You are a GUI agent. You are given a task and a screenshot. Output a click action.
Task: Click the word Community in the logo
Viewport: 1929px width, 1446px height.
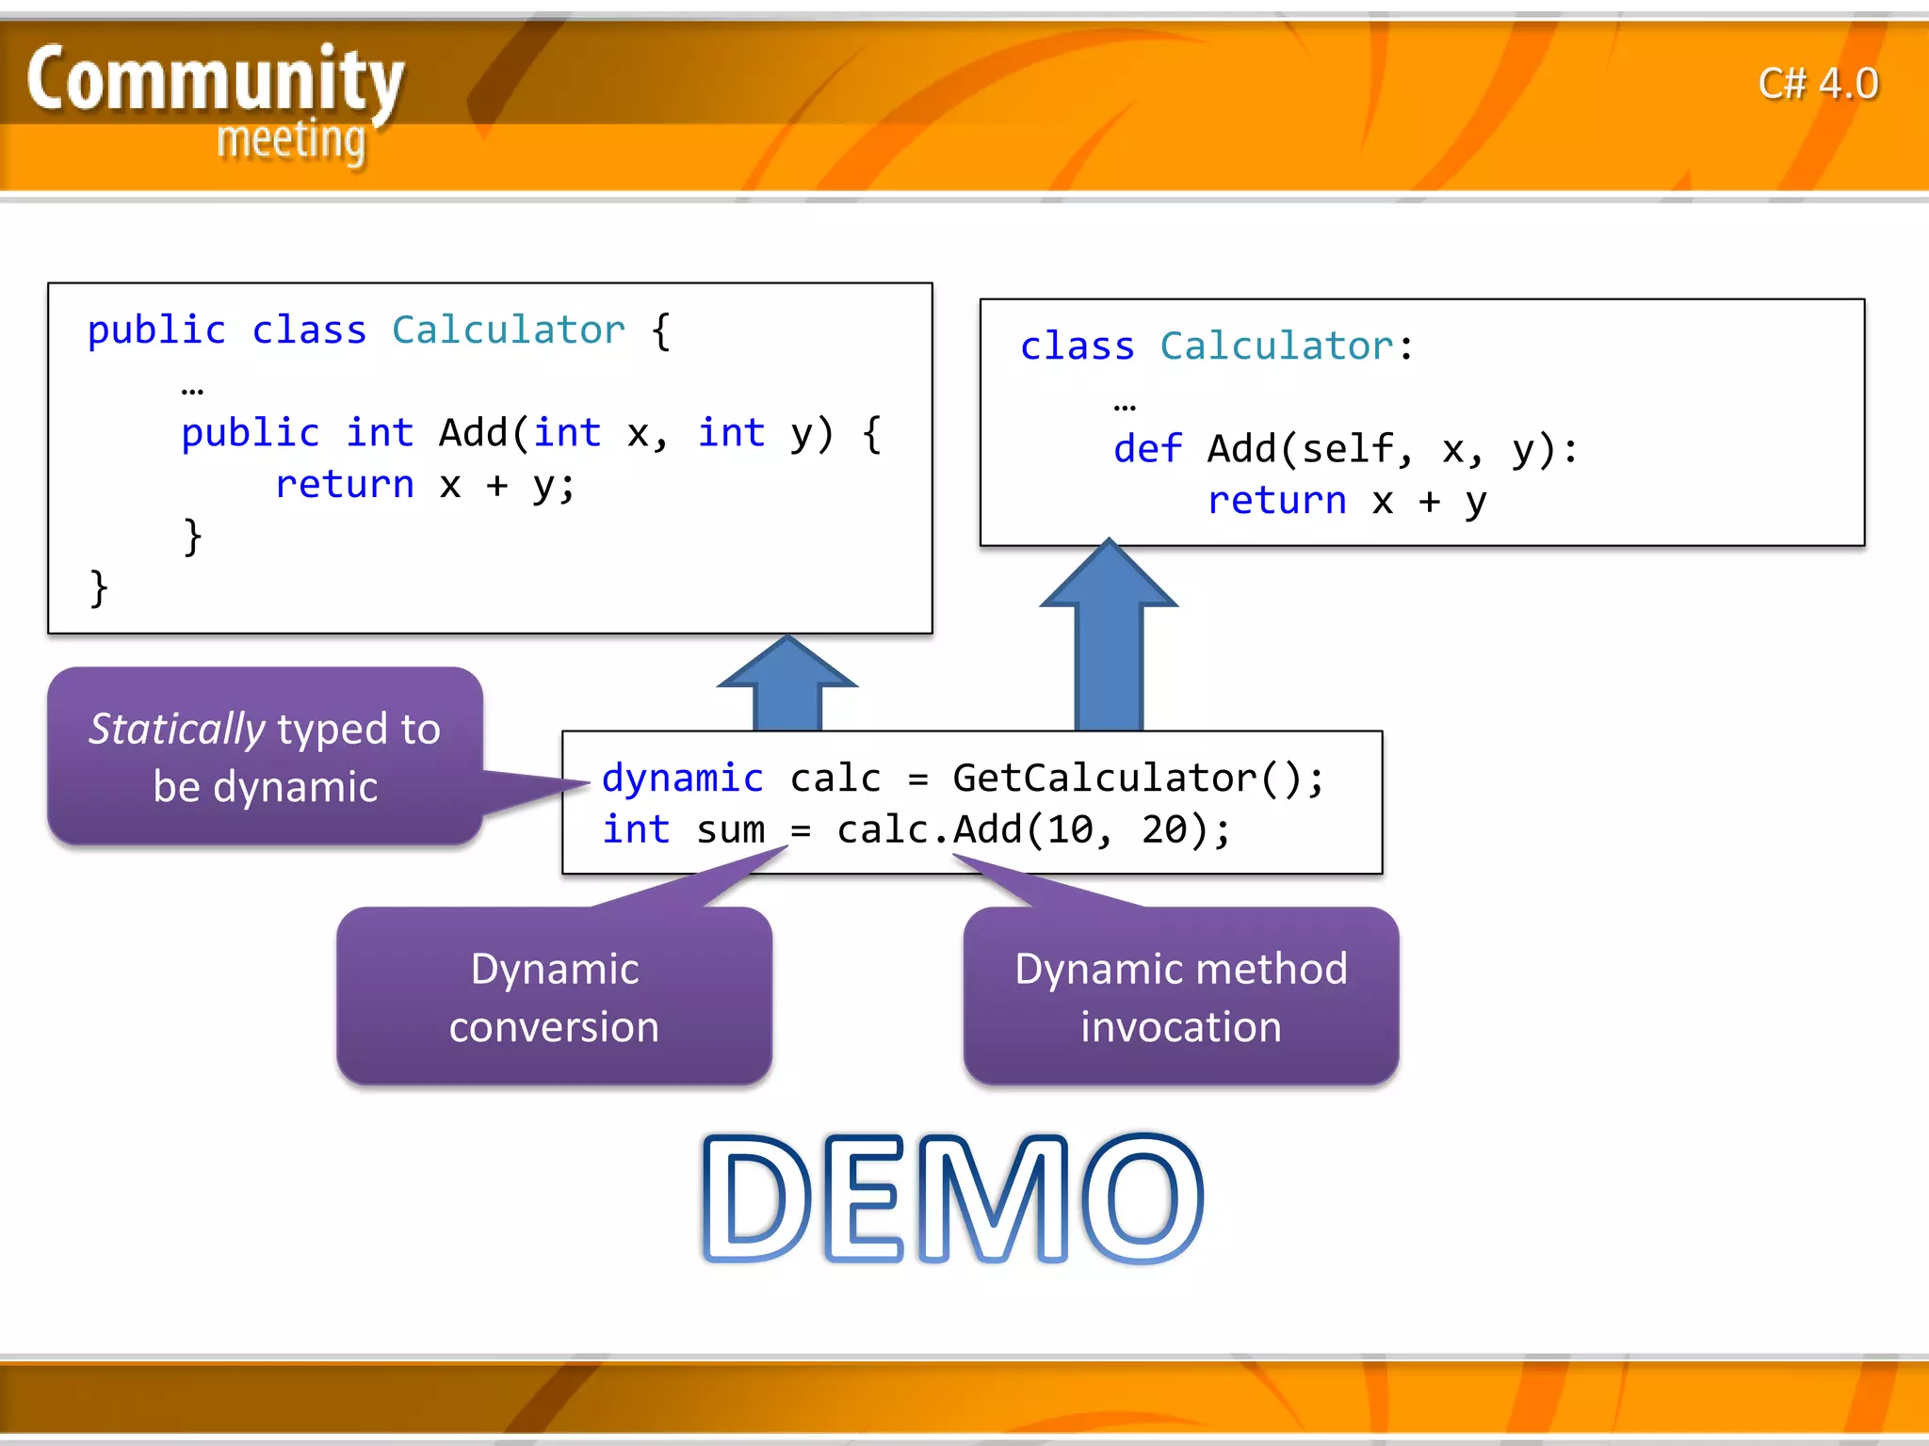tap(215, 80)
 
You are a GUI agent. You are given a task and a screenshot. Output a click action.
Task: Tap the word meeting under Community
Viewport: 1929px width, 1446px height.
tap(291, 140)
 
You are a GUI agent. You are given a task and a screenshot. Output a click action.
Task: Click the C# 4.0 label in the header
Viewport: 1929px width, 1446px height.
tap(1818, 84)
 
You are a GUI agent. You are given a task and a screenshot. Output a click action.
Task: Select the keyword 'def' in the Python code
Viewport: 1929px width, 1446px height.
tap(1147, 449)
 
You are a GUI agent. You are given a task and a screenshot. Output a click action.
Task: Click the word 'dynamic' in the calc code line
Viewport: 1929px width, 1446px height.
tap(682, 779)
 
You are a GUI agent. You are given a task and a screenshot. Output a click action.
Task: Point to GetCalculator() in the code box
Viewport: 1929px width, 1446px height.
tap(1137, 779)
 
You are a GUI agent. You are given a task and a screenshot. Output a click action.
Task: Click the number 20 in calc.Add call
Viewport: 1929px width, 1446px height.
tap(1164, 830)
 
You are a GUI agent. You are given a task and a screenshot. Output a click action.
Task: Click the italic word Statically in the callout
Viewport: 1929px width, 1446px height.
tap(177, 730)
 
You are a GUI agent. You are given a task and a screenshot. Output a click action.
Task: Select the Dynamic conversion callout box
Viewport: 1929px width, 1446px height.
tap(554, 997)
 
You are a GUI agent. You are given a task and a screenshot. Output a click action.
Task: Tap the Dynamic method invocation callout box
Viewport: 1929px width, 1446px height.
tap(1180, 997)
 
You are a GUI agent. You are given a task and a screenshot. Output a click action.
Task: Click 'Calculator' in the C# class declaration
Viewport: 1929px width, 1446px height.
tap(508, 330)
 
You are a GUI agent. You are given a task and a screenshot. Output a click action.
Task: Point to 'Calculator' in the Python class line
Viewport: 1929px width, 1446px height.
tap(1276, 346)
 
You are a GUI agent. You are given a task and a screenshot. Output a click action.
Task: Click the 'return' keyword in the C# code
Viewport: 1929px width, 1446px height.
tap(344, 485)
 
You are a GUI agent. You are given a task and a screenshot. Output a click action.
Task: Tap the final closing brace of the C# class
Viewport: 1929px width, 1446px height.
tap(98, 588)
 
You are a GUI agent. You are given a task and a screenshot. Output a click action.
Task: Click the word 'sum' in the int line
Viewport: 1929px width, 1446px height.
tap(730, 830)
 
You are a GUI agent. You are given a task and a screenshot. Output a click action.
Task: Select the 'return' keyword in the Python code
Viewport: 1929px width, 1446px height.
tap(1276, 501)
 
